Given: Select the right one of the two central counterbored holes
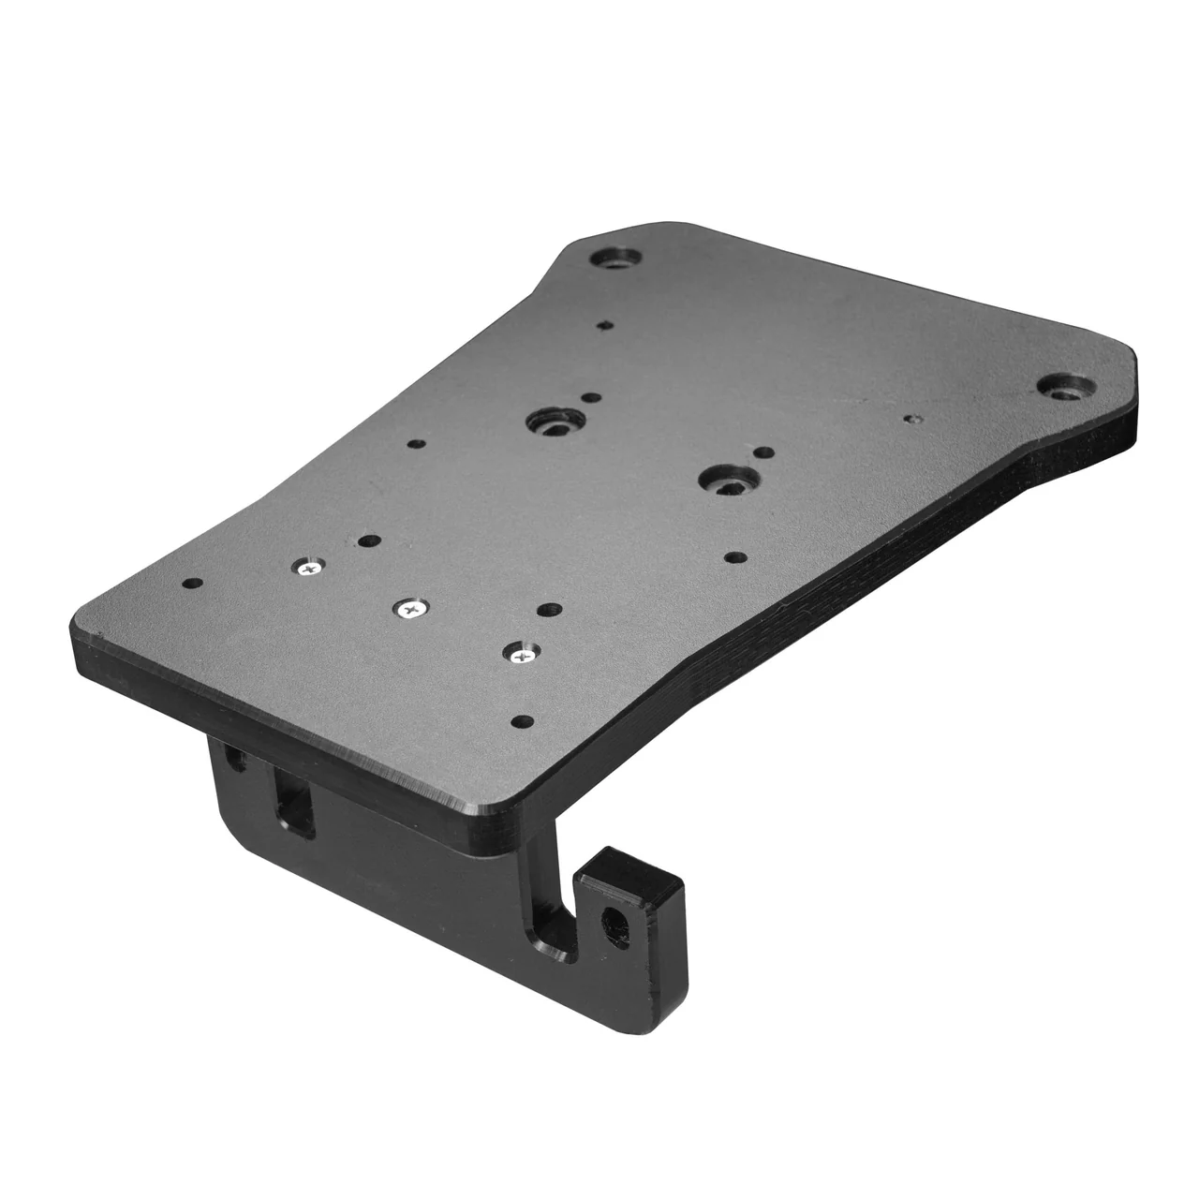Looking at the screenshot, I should coord(726,479).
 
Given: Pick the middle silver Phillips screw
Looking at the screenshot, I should coord(410,609).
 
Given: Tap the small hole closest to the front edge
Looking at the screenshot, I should coord(525,721).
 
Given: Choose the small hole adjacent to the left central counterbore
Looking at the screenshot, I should coord(589,398).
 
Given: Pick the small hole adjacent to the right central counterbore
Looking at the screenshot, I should coord(763,454).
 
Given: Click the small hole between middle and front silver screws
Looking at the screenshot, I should coord(547,610).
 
